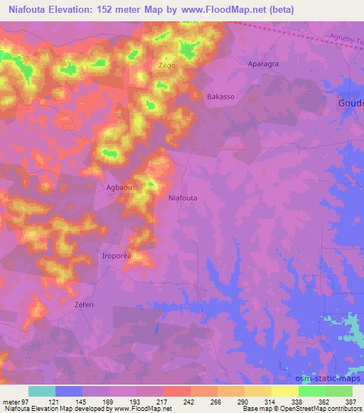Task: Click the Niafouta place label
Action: (x=183, y=199)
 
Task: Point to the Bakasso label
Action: (x=220, y=96)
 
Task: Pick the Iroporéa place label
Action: (x=120, y=255)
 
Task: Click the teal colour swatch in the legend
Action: (x=41, y=391)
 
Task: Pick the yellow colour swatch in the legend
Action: (x=285, y=391)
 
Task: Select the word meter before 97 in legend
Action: (x=10, y=401)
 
